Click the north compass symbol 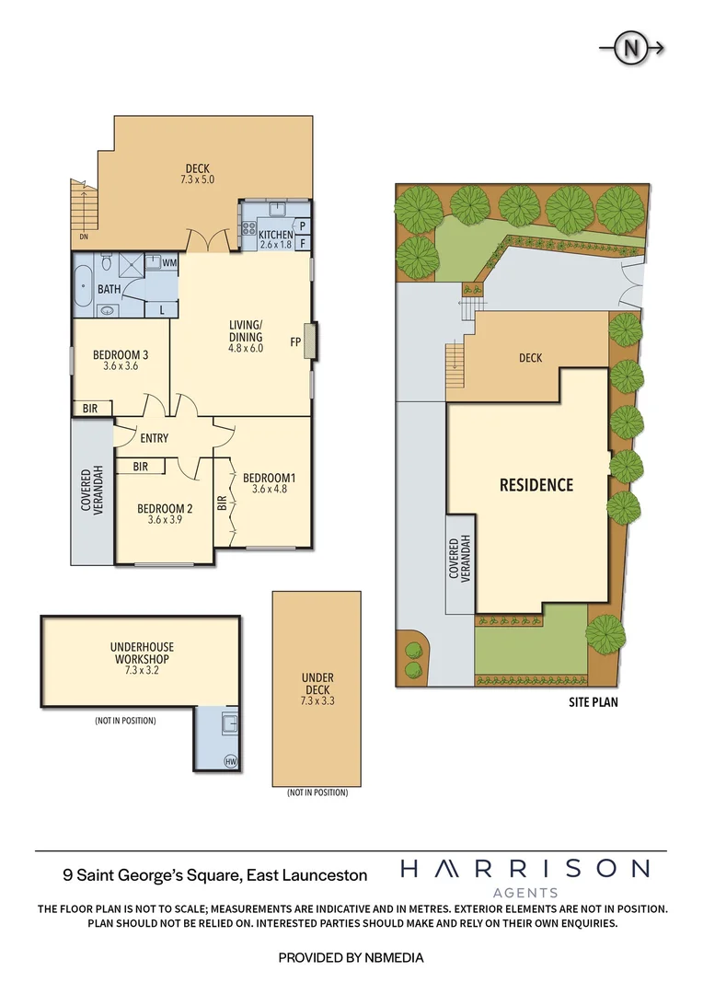[x=632, y=49]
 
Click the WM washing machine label [x=168, y=263]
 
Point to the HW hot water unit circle [x=231, y=760]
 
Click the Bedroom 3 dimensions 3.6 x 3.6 [x=121, y=366]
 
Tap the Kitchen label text [x=275, y=235]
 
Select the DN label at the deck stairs [x=83, y=237]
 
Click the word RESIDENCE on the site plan [x=536, y=485]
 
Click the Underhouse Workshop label [x=141, y=653]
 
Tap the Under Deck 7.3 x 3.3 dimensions [x=317, y=700]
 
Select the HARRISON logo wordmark [x=524, y=868]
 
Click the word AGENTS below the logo [x=525, y=892]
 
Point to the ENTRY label [x=154, y=439]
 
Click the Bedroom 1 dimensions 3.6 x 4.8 [x=270, y=490]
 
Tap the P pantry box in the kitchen [x=302, y=225]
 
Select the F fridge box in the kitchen [x=302, y=243]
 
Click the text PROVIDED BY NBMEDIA [x=351, y=957]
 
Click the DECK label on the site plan [x=530, y=358]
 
